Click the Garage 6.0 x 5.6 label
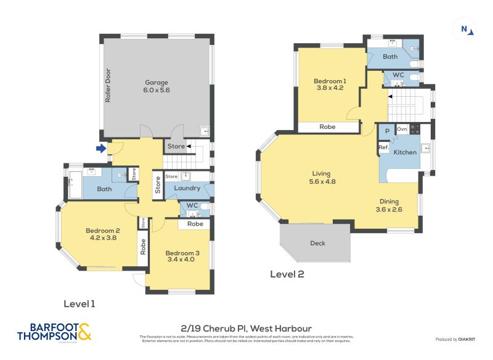[157, 86]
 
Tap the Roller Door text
[108, 85]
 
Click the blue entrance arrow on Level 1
[101, 148]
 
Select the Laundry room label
[187, 188]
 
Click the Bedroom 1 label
[330, 84]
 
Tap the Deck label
[318, 243]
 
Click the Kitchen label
[405, 152]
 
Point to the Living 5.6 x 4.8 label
[322, 178]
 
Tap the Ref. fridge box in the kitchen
[383, 148]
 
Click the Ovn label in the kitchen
[402, 129]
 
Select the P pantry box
[386, 131]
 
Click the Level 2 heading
[287, 274]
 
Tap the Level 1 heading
[79, 304]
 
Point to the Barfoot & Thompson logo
[54, 331]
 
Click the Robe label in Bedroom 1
[327, 127]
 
